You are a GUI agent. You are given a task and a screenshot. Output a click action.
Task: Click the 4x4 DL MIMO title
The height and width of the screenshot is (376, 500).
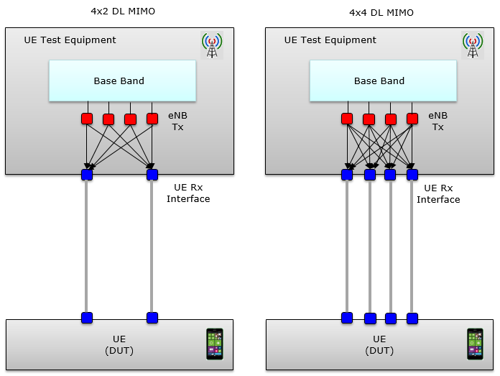[x=381, y=12]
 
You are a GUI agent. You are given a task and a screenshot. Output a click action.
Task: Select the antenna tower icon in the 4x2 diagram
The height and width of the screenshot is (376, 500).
[x=211, y=45]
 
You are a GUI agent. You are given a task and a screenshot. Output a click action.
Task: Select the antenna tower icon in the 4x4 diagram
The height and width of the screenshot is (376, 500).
[x=472, y=45]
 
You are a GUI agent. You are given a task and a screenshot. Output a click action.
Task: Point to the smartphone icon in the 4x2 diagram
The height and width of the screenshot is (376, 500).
[x=214, y=344]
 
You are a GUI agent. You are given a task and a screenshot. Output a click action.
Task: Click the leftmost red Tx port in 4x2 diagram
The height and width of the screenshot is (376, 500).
[x=87, y=118]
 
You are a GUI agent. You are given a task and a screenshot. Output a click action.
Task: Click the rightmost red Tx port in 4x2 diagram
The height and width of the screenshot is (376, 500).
[x=152, y=118]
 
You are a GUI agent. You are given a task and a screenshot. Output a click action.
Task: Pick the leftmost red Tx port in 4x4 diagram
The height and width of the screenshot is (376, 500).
[x=347, y=118]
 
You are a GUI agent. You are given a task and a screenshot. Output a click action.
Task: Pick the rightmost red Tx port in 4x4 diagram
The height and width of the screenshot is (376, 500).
[x=412, y=118]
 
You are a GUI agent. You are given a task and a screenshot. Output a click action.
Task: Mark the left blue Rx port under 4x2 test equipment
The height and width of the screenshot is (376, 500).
[x=87, y=174]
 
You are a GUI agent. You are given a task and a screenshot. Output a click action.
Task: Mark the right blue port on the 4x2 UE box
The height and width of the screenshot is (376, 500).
[x=152, y=317]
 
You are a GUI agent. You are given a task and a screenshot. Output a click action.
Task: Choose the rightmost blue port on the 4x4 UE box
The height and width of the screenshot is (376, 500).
[x=412, y=317]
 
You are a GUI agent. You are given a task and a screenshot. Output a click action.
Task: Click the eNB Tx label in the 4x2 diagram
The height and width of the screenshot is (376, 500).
[x=177, y=121]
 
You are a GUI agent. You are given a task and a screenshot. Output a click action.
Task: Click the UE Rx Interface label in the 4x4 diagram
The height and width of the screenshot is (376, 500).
[x=438, y=193]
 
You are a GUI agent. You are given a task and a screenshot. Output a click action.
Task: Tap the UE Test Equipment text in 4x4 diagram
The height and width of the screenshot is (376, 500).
[x=330, y=40]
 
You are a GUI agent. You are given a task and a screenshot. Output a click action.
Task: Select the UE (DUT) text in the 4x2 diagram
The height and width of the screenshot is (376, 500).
[x=119, y=344]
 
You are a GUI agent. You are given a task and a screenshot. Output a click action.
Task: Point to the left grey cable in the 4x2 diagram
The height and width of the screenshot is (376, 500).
[x=87, y=244]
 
